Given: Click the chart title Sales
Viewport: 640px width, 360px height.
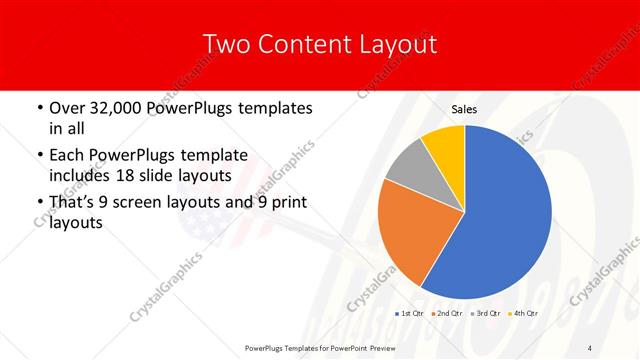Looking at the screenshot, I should pyautogui.click(x=464, y=109).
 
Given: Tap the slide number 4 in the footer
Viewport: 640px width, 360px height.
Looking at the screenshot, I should pyautogui.click(x=590, y=347).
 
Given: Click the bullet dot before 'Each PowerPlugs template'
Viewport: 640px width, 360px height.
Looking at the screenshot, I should pyautogui.click(x=38, y=155).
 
